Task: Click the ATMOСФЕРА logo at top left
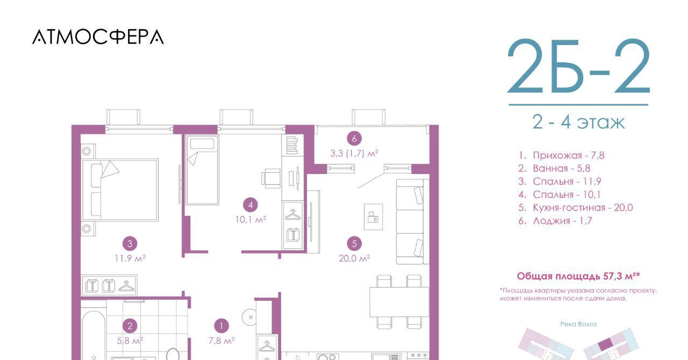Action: tap(98, 37)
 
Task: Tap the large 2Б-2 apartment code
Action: tap(579, 66)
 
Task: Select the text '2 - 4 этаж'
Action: tap(578, 123)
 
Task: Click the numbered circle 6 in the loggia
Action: tap(354, 139)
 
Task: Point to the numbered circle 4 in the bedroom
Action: tap(250, 205)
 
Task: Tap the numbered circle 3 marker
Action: tap(130, 243)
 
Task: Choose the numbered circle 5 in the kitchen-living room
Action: tap(354, 243)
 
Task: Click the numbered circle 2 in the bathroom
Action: tap(130, 326)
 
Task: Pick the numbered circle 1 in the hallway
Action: tap(221, 326)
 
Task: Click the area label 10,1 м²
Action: tap(250, 220)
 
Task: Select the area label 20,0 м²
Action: tap(354, 258)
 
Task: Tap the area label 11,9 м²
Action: tap(130, 258)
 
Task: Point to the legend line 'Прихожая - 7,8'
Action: tap(562, 155)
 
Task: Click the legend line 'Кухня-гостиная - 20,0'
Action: tap(576, 207)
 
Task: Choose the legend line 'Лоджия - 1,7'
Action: tap(555, 221)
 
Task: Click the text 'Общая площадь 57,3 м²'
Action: tap(578, 276)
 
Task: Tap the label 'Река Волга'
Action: tap(578, 324)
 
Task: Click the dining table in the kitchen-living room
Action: tap(399, 302)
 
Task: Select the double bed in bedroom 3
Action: tap(120, 190)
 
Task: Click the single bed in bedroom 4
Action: tap(202, 170)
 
